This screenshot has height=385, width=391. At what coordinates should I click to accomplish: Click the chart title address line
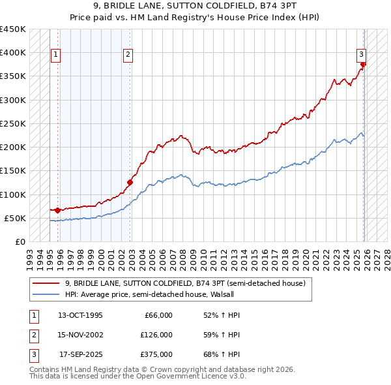[195, 6]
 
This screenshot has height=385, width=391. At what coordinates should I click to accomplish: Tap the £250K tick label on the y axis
[12, 123]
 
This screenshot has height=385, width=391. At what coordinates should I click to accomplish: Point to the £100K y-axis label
[12, 194]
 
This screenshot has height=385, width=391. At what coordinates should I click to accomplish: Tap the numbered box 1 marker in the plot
[56, 55]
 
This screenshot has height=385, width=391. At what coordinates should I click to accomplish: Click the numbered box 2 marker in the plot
[128, 55]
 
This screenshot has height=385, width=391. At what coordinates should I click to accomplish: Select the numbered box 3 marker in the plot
[360, 55]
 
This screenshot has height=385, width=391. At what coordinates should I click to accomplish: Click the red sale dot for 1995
[58, 210]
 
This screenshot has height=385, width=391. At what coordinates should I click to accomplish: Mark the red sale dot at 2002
[130, 182]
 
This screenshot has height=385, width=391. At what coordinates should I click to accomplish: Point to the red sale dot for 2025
[363, 64]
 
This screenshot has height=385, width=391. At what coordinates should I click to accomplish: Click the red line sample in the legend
[46, 283]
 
